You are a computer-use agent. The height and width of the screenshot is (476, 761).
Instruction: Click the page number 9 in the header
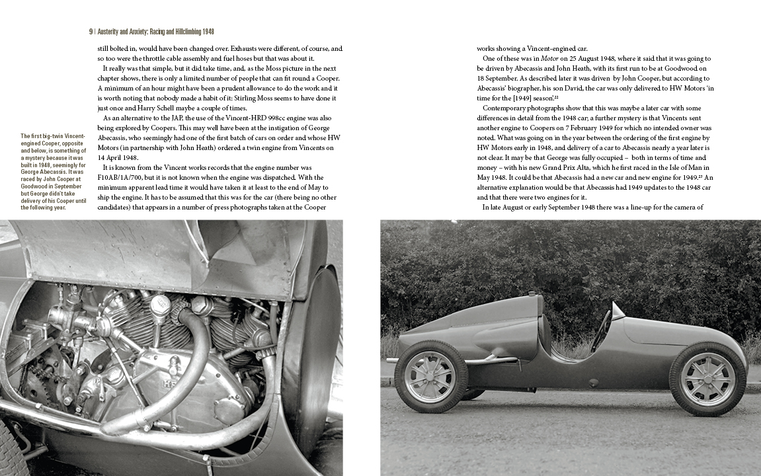[91, 32]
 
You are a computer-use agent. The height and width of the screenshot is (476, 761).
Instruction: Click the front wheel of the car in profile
[707, 379]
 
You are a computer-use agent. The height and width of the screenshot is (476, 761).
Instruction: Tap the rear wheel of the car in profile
[430, 376]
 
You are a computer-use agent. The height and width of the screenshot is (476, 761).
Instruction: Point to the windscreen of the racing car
[618, 311]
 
